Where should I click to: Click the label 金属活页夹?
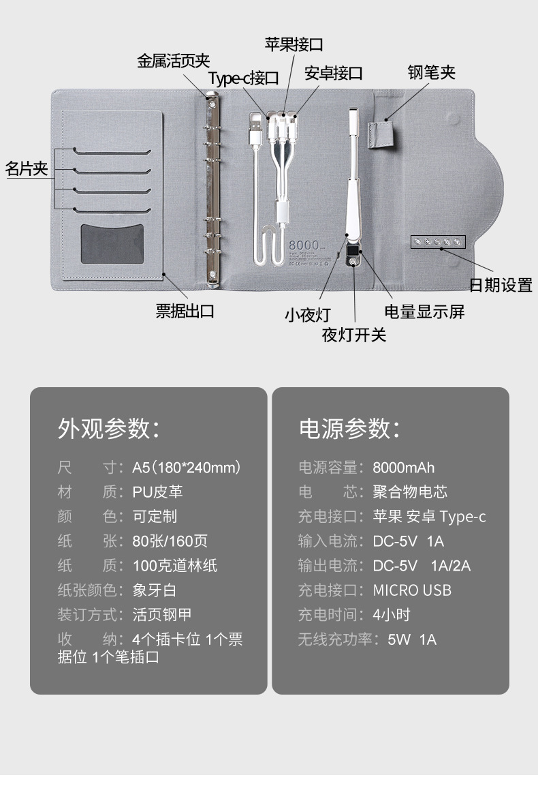click(174, 61)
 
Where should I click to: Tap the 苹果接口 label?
click(294, 45)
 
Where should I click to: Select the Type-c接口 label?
click(243, 78)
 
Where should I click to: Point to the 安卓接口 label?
click(333, 73)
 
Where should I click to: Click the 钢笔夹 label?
click(431, 72)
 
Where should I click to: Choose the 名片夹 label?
click(27, 168)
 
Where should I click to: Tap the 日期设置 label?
click(501, 285)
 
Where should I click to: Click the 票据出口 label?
click(185, 312)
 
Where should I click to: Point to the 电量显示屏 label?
click(424, 312)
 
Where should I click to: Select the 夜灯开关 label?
click(354, 335)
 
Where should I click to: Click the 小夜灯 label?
click(307, 315)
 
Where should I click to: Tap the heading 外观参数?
click(109, 428)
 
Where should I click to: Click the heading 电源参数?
click(349, 428)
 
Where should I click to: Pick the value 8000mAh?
click(403, 468)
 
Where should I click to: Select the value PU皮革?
click(157, 492)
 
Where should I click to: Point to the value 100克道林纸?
click(175, 566)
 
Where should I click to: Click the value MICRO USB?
click(412, 590)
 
